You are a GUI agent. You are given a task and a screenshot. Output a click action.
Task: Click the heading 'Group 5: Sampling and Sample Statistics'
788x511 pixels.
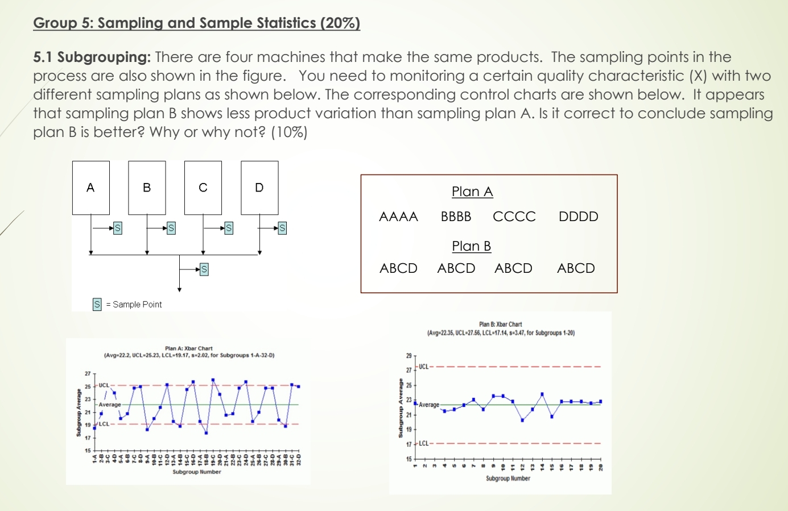(x=196, y=23)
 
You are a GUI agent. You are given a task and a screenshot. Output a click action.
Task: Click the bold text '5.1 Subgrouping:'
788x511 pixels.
(x=92, y=57)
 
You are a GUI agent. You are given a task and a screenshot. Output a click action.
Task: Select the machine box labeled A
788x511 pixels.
(x=90, y=188)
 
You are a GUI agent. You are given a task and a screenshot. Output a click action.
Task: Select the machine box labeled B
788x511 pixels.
(x=147, y=188)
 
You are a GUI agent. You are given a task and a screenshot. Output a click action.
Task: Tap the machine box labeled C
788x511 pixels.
(x=203, y=188)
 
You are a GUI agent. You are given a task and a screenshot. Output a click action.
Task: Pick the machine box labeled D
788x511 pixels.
(x=259, y=188)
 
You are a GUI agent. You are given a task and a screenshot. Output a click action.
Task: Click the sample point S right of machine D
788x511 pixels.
(x=282, y=229)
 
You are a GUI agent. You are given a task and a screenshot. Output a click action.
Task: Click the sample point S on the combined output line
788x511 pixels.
(x=204, y=269)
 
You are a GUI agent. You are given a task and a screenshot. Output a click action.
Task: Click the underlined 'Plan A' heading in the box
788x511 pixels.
(x=472, y=192)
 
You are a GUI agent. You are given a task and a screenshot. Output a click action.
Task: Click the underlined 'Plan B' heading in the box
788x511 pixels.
(x=471, y=246)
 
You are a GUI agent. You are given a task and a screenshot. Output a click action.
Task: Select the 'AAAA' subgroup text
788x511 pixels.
(x=398, y=217)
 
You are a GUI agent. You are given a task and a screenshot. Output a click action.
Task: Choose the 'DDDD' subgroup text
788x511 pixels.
(x=578, y=217)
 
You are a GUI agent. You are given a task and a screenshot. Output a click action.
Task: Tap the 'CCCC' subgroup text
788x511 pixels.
(x=514, y=217)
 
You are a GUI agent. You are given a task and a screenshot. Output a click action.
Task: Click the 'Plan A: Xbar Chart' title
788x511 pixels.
(x=188, y=348)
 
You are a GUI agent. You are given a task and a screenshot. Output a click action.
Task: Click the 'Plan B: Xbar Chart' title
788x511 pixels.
(x=500, y=325)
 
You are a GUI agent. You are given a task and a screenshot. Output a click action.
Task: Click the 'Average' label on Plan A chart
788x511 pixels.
(x=110, y=405)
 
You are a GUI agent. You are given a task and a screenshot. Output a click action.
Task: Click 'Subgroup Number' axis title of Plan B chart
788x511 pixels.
(x=508, y=479)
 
